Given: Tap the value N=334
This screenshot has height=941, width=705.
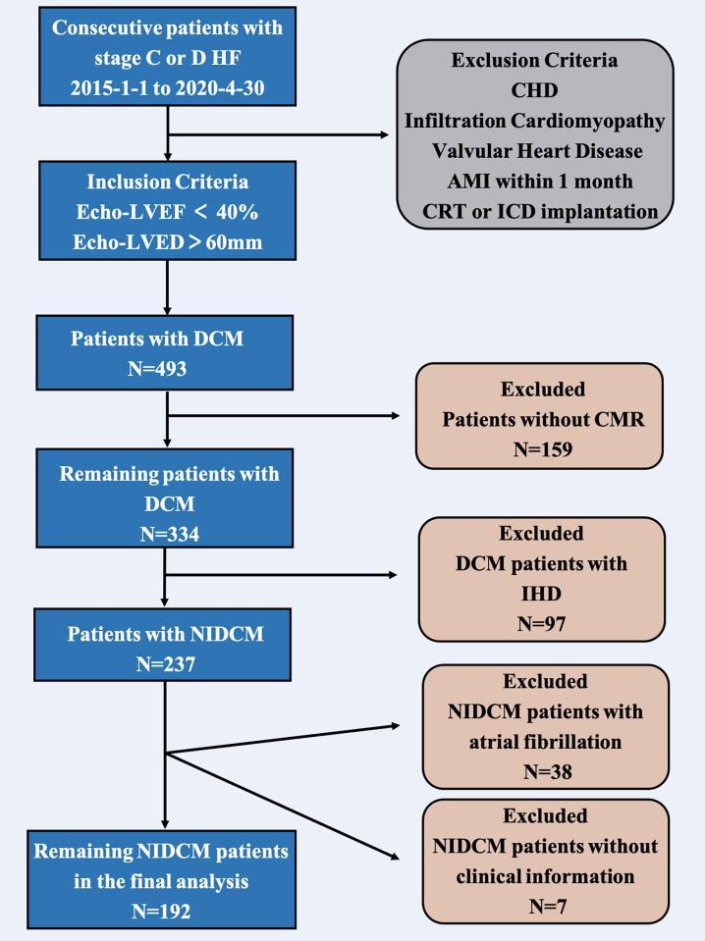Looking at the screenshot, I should tap(169, 535).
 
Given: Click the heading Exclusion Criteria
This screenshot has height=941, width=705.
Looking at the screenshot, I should tap(535, 61).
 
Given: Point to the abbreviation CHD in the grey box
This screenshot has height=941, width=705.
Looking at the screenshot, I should tap(535, 90).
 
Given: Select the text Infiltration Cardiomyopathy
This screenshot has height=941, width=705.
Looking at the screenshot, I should tap(535, 121).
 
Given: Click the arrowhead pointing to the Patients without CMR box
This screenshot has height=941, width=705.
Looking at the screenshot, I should tap(395, 416).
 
